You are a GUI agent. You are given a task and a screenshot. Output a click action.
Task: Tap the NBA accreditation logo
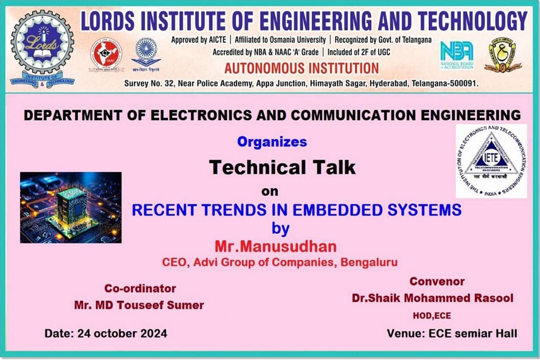pos(456,55)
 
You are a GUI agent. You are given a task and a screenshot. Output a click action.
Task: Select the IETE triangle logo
pos(491,161)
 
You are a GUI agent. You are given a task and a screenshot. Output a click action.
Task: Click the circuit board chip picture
pos(71,207)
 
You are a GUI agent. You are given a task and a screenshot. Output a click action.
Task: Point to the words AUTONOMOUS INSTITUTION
pos(302,68)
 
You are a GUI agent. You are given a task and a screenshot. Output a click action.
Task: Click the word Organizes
pos(272,142)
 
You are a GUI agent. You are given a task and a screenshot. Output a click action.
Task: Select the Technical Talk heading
pos(282,168)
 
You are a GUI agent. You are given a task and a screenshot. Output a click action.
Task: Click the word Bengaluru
pos(369,262)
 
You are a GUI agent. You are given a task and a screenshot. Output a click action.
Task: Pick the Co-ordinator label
pos(140,289)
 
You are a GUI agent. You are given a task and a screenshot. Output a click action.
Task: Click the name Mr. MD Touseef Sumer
pos(139,305)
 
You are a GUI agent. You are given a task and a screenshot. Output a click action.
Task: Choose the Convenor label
pos(437,281)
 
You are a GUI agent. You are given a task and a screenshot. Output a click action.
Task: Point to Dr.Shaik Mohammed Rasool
pos(432,298)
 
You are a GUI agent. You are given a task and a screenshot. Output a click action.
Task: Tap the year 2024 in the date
pos(152,333)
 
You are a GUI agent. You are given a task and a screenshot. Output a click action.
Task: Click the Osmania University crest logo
pos(502,55)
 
